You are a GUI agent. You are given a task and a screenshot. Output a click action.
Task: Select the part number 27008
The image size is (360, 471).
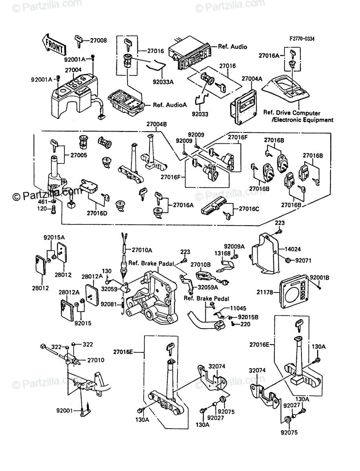(x=98, y=40)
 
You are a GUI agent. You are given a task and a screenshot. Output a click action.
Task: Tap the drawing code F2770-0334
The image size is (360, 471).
(x=302, y=38)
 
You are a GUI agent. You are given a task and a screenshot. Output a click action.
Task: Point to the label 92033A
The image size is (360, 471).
(x=163, y=82)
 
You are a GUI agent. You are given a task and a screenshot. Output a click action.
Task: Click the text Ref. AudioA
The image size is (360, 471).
(x=170, y=105)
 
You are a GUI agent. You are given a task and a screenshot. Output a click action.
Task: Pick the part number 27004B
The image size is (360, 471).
(x=157, y=124)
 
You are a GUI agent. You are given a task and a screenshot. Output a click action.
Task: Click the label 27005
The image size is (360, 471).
(x=79, y=155)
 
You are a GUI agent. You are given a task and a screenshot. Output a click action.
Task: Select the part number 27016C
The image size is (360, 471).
(x=249, y=208)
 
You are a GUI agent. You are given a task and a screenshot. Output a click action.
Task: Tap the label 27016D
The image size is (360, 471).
(x=97, y=213)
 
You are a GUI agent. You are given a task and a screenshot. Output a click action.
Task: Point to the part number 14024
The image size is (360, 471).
(x=292, y=249)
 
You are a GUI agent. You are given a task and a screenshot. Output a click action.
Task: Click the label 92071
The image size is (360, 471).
(x=303, y=261)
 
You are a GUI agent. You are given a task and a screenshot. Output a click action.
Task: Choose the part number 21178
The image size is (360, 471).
(x=265, y=292)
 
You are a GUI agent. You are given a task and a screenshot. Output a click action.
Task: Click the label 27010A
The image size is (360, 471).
(x=142, y=250)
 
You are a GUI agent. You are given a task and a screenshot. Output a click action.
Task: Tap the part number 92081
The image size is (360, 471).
(x=109, y=304)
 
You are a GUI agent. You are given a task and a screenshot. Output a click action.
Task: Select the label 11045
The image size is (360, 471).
(x=238, y=309)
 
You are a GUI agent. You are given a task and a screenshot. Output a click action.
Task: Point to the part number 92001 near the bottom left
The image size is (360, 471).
(x=64, y=411)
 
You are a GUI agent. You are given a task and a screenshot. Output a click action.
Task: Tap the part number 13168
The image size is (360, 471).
(x=223, y=254)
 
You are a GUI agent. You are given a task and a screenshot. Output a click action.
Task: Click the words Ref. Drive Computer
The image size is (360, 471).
(x=292, y=113)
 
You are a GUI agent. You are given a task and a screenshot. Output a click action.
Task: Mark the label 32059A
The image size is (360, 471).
(x=208, y=287)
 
